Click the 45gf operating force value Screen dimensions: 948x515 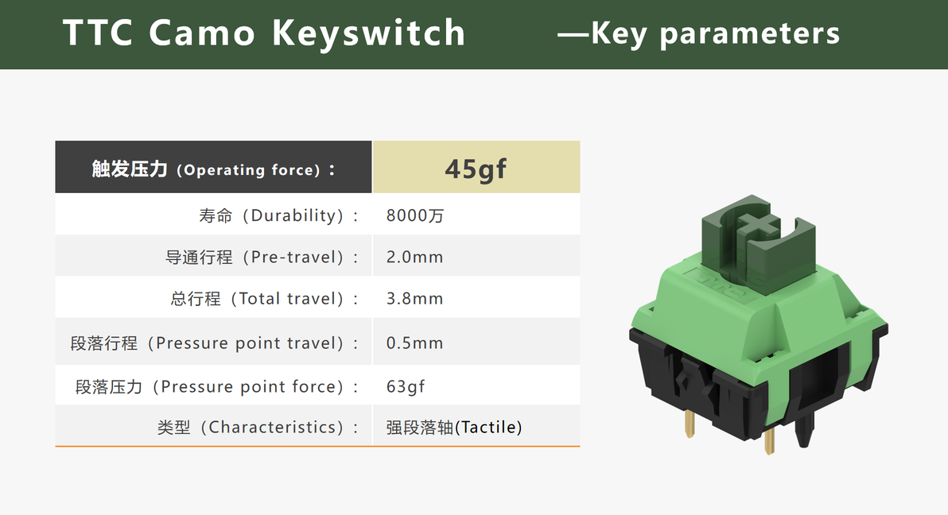[x=476, y=168]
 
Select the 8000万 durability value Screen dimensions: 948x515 [x=415, y=216]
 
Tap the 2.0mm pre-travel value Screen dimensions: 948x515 [x=415, y=257]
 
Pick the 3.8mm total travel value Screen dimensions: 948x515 [x=415, y=299]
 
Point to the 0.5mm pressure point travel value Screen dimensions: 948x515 [x=415, y=343]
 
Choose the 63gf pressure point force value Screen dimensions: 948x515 [x=406, y=386]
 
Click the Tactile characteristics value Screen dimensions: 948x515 [x=454, y=428]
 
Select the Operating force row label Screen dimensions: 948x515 [x=213, y=169]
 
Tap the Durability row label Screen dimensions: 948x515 [x=278, y=216]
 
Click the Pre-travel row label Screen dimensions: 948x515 [x=262, y=257]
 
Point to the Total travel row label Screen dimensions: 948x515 [x=264, y=299]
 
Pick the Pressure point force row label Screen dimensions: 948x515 [x=216, y=386]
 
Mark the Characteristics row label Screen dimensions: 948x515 [x=258, y=428]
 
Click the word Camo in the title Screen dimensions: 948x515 [x=202, y=33]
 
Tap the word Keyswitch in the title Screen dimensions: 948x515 [x=369, y=33]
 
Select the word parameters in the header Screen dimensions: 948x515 [x=750, y=34]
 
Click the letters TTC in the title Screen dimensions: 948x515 [x=98, y=33]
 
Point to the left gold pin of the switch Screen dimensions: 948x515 [x=690, y=424]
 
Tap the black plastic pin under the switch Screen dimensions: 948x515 [x=804, y=431]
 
